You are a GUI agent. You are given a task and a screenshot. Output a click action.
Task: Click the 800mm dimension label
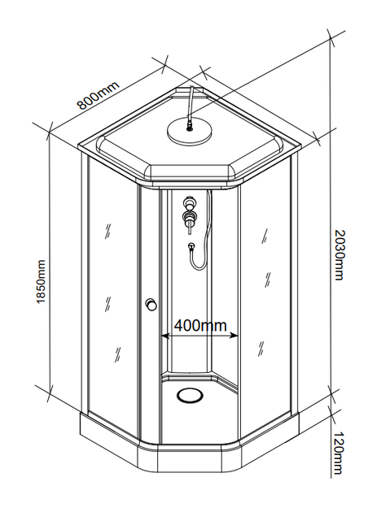pos(99,95)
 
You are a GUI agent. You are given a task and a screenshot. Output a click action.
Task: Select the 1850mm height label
pos(41,281)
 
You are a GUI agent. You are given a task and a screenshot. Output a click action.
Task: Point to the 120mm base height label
pos(339,453)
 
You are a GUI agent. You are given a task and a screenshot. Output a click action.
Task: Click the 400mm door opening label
pos(200,325)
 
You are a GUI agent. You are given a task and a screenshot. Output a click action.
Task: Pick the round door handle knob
pos(151,304)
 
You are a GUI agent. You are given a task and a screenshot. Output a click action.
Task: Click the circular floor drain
pos(190,395)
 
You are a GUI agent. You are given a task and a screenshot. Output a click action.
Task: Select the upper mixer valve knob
pos(189,203)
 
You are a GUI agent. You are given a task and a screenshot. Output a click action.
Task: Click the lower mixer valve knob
pos(190,219)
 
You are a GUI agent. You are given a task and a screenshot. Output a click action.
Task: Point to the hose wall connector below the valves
pos(191,245)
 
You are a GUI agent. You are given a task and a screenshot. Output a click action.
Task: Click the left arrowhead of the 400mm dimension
pos(165,336)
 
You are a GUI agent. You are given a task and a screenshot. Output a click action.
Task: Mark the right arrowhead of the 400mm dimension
pos(234,336)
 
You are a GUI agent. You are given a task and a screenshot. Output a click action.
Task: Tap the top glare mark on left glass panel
pos(107,231)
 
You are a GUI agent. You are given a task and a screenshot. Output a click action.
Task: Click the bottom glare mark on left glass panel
pos(117,354)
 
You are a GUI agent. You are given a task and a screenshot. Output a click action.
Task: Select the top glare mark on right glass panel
pos(264,236)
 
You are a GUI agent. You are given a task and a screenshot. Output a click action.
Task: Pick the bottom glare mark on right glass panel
pos(261,349)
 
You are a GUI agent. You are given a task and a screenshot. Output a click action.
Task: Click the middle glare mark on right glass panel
pos(267,280)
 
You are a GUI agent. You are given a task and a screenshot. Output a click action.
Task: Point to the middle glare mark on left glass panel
pos(107,304)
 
